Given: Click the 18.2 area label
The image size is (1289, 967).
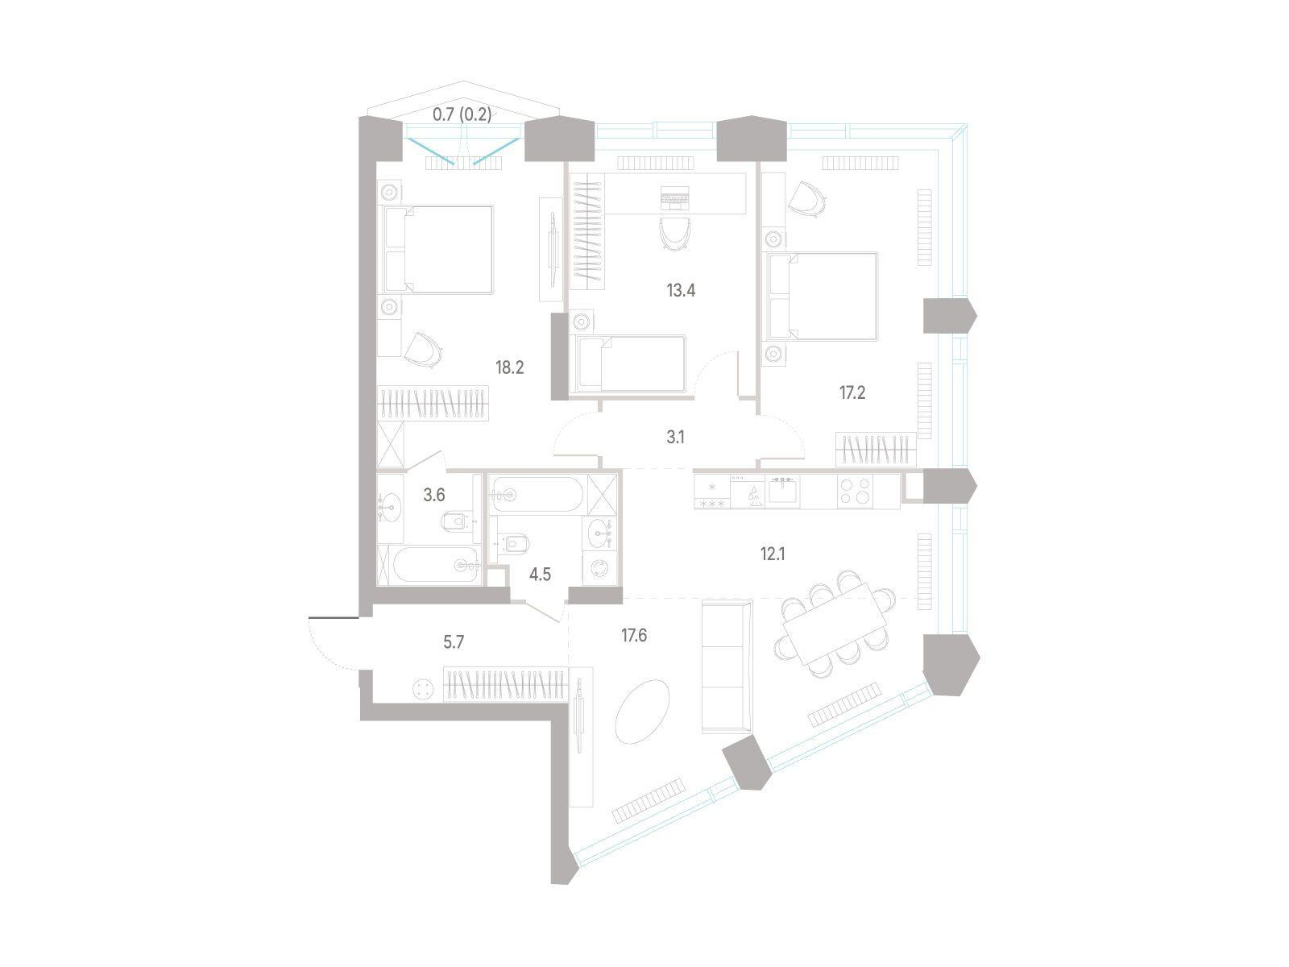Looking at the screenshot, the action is pyautogui.click(x=509, y=367).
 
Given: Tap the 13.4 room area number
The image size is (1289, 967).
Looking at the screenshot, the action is pyautogui.click(x=681, y=289).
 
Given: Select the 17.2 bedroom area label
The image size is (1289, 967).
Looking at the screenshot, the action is pyautogui.click(x=852, y=392).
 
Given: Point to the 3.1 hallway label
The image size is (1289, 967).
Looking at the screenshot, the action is pyautogui.click(x=675, y=437).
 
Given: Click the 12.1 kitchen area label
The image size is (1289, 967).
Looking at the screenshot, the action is pyautogui.click(x=773, y=553).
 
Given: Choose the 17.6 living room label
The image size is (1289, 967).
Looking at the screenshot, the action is pyautogui.click(x=634, y=635).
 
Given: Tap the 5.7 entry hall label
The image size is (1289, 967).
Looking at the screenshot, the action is pyautogui.click(x=454, y=641).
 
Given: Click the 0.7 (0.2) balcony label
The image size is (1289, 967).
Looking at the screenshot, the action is pyautogui.click(x=462, y=114).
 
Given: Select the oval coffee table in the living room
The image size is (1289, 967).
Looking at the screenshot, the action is pyautogui.click(x=642, y=711).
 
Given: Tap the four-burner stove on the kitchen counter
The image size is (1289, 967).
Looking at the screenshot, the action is pyautogui.click(x=855, y=492).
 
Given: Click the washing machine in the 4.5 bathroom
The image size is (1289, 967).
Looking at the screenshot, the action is pyautogui.click(x=600, y=568).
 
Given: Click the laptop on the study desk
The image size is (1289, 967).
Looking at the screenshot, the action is pyautogui.click(x=674, y=198).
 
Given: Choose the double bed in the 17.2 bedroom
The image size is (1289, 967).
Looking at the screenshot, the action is pyautogui.click(x=823, y=296).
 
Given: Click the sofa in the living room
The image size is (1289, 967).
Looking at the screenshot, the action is pyautogui.click(x=727, y=666).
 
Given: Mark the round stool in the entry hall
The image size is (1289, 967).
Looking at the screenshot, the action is pyautogui.click(x=423, y=689).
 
